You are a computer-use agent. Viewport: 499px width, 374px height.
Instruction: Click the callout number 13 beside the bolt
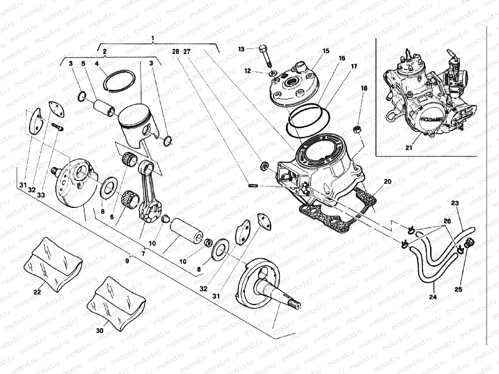(241, 49)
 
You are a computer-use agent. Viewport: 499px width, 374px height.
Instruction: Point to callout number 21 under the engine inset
(409, 147)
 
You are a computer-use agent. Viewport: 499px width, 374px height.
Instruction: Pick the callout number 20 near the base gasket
(387, 182)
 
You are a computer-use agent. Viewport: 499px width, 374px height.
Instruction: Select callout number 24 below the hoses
(433, 297)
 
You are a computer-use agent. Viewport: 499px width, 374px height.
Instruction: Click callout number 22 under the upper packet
(37, 292)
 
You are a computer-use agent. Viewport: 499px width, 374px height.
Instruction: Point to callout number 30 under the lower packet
(99, 331)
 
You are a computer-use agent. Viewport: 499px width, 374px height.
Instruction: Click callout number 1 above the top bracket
(153, 38)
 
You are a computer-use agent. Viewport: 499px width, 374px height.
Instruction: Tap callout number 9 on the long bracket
(127, 261)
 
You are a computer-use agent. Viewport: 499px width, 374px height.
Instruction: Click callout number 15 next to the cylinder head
(326, 51)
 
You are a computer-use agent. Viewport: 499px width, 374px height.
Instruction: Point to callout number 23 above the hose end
(455, 203)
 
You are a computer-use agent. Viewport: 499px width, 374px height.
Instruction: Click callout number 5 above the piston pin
(83, 64)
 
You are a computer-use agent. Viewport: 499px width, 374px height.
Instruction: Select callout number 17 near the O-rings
(354, 66)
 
